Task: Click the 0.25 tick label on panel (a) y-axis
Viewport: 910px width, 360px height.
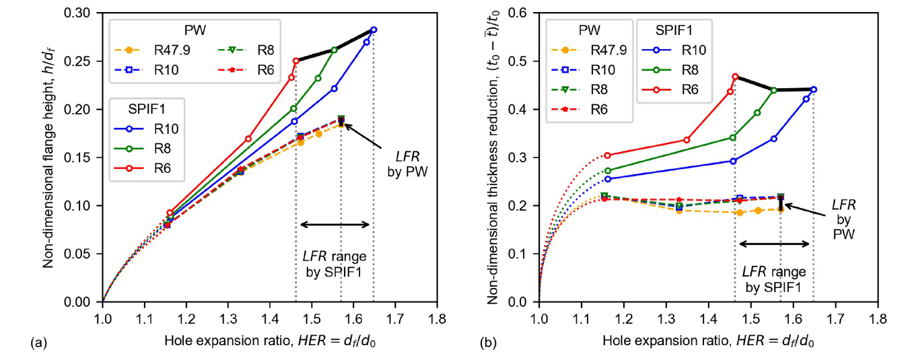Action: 77,61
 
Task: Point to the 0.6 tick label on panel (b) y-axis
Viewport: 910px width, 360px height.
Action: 517,13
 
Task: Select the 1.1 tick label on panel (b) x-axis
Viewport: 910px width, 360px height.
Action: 582,319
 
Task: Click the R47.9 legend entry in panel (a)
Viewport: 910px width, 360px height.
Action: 152,50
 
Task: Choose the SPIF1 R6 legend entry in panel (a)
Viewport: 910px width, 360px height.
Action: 143,168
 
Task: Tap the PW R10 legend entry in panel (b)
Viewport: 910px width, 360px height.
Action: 585,70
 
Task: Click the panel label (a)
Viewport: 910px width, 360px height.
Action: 39,343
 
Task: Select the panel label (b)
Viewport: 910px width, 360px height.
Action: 488,343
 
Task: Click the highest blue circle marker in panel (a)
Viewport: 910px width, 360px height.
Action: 374,30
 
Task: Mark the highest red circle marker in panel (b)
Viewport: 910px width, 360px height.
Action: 735,77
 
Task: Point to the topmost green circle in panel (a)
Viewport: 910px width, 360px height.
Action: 335,50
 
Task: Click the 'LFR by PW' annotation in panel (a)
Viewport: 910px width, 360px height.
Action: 407,164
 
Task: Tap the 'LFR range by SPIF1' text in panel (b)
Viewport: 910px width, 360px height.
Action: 774,279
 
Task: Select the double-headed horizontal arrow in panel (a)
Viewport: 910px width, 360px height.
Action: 335,225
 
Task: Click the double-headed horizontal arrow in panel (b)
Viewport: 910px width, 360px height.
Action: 774,244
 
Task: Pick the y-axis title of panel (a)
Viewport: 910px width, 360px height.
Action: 48,157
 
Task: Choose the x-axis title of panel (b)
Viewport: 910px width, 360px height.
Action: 708,341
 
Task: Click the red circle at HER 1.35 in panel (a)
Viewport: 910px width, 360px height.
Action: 248,139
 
